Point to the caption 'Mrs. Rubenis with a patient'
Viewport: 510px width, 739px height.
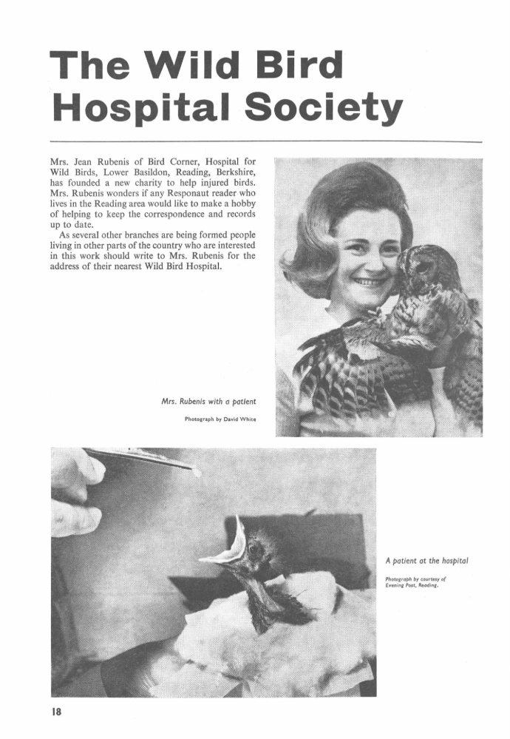(x=208, y=402)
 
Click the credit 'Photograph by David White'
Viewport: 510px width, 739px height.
(x=220, y=419)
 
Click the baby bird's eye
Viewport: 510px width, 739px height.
(x=255, y=550)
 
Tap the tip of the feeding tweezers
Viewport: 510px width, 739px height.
(x=196, y=471)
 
